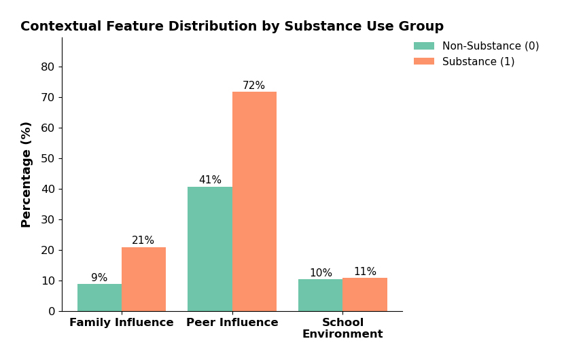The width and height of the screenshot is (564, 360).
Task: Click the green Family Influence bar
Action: click(99, 298)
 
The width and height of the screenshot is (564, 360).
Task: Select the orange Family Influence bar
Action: click(143, 279)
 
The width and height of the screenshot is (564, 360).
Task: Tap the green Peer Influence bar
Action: click(210, 249)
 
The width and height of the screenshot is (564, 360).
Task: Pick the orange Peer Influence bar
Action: click(254, 201)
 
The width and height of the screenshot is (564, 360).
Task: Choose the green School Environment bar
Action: click(320, 295)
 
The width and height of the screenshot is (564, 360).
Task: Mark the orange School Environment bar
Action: click(365, 294)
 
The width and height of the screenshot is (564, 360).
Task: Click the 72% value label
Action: click(254, 86)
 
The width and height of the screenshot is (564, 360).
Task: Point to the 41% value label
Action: click(210, 180)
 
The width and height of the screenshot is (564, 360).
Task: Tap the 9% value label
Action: click(99, 278)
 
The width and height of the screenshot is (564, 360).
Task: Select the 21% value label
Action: click(143, 240)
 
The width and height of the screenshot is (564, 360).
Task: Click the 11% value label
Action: click(365, 272)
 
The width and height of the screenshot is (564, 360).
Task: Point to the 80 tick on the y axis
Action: click(48, 67)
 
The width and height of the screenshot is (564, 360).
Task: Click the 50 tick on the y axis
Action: click(48, 158)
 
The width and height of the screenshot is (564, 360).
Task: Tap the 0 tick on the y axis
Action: click(51, 311)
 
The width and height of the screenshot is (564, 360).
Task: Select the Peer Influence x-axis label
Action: click(232, 323)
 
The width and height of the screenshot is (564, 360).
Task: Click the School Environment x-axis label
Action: click(342, 328)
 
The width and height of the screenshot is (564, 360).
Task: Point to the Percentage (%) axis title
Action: click(27, 174)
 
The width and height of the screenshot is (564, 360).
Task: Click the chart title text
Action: click(232, 26)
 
